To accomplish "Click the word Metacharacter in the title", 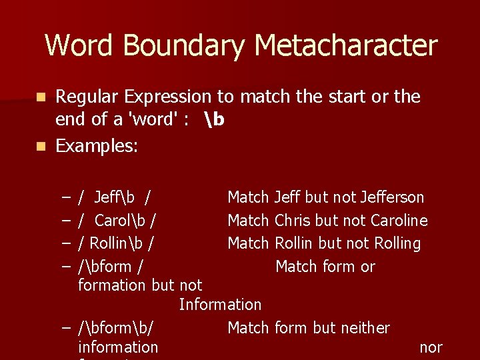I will pos(346,46).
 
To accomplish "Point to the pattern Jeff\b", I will pos(115,197).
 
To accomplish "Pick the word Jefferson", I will pos(392,197).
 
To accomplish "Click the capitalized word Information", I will pos(220,305).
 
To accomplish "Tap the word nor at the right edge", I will pos(431,347).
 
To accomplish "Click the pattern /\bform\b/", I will pos(116,328).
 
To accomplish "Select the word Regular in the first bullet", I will pos(87,97).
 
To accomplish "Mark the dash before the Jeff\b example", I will pos(67,198).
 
